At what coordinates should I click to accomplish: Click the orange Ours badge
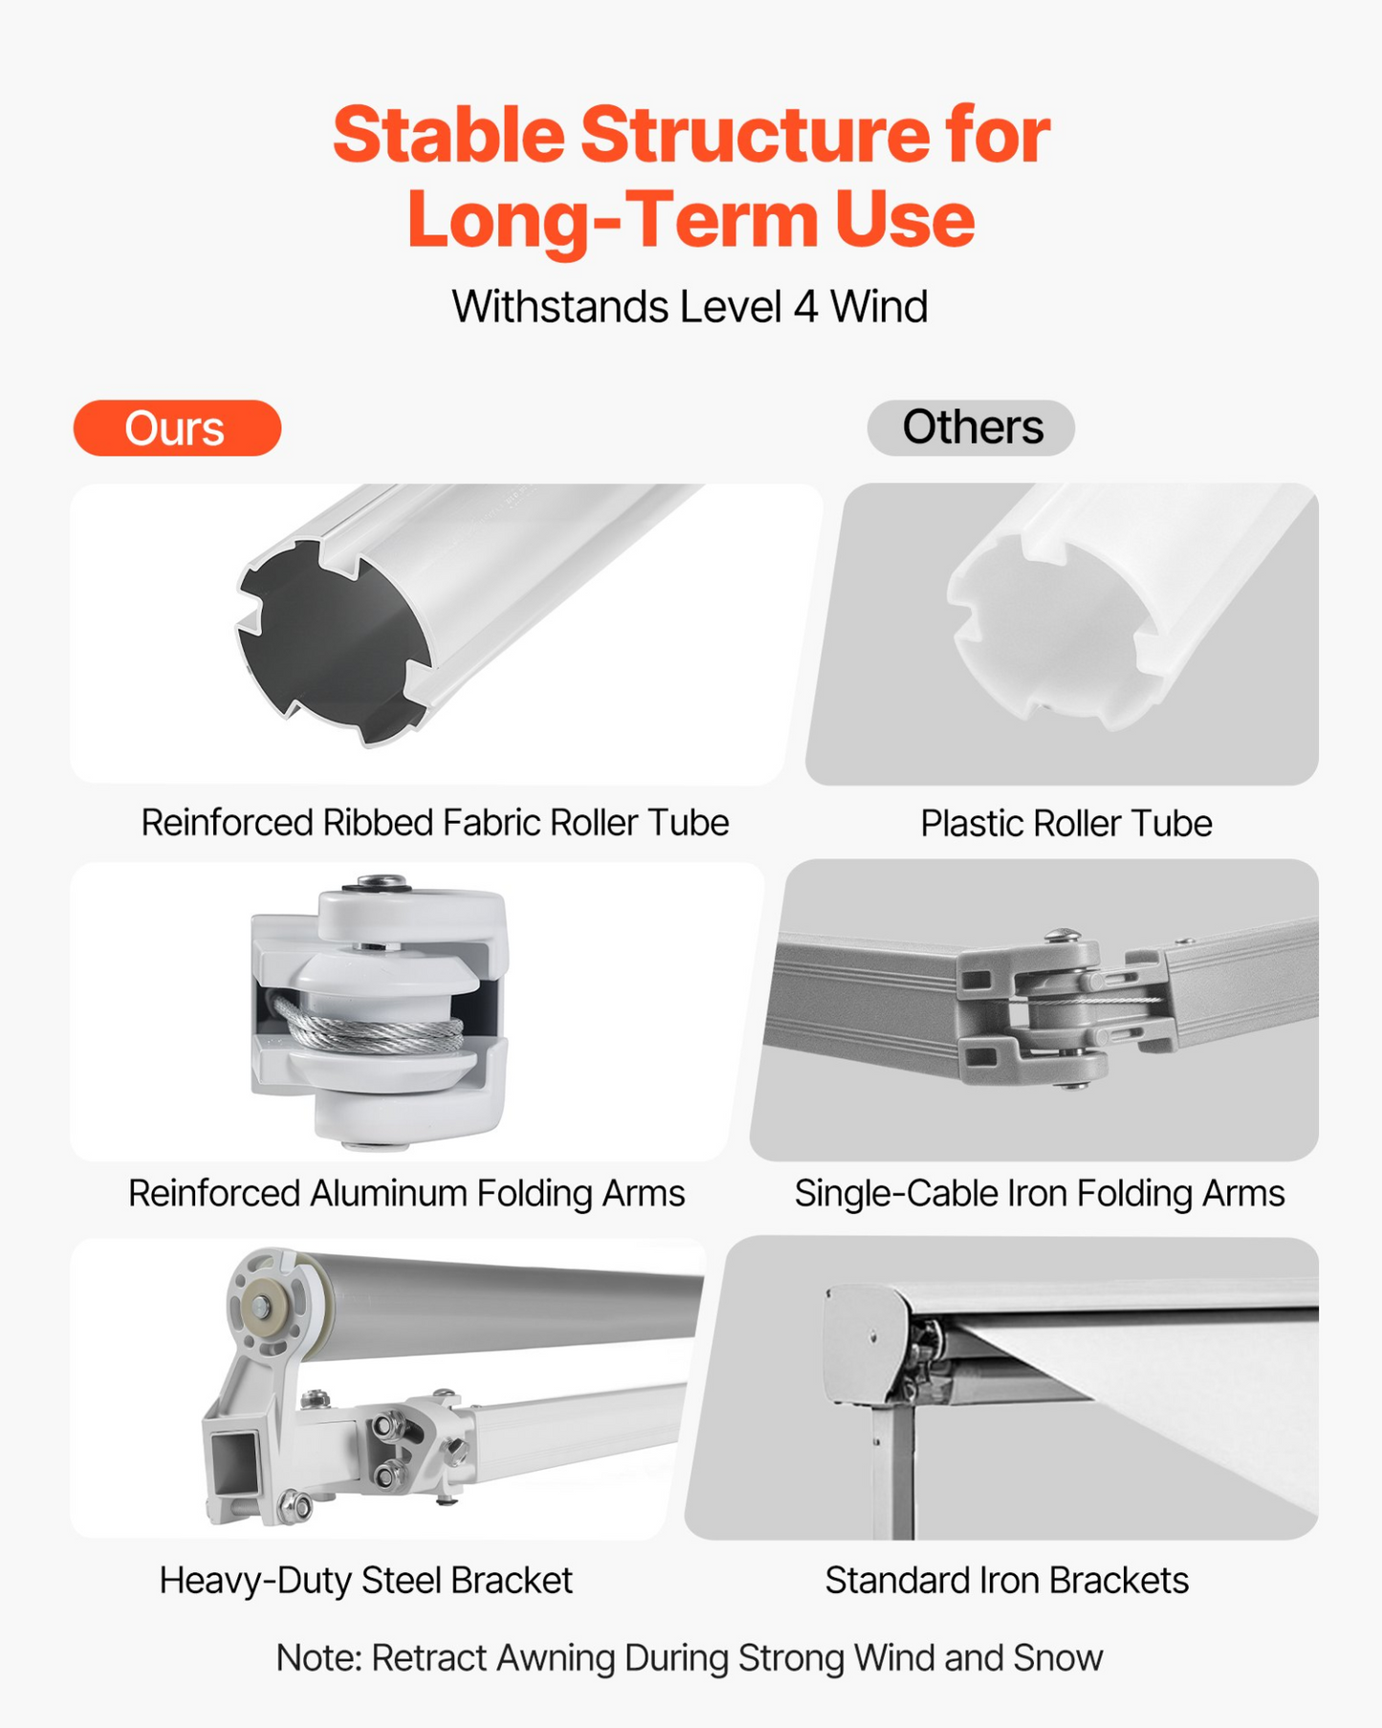coord(177,428)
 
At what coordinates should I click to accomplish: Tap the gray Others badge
coord(971,428)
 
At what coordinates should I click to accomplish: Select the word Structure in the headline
coord(756,135)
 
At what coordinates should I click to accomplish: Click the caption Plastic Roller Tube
coord(1066,824)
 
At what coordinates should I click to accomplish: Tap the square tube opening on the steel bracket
coord(235,1458)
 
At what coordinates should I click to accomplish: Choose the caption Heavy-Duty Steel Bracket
coord(366,1581)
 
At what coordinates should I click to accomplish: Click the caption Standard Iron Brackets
coord(1007,1581)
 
